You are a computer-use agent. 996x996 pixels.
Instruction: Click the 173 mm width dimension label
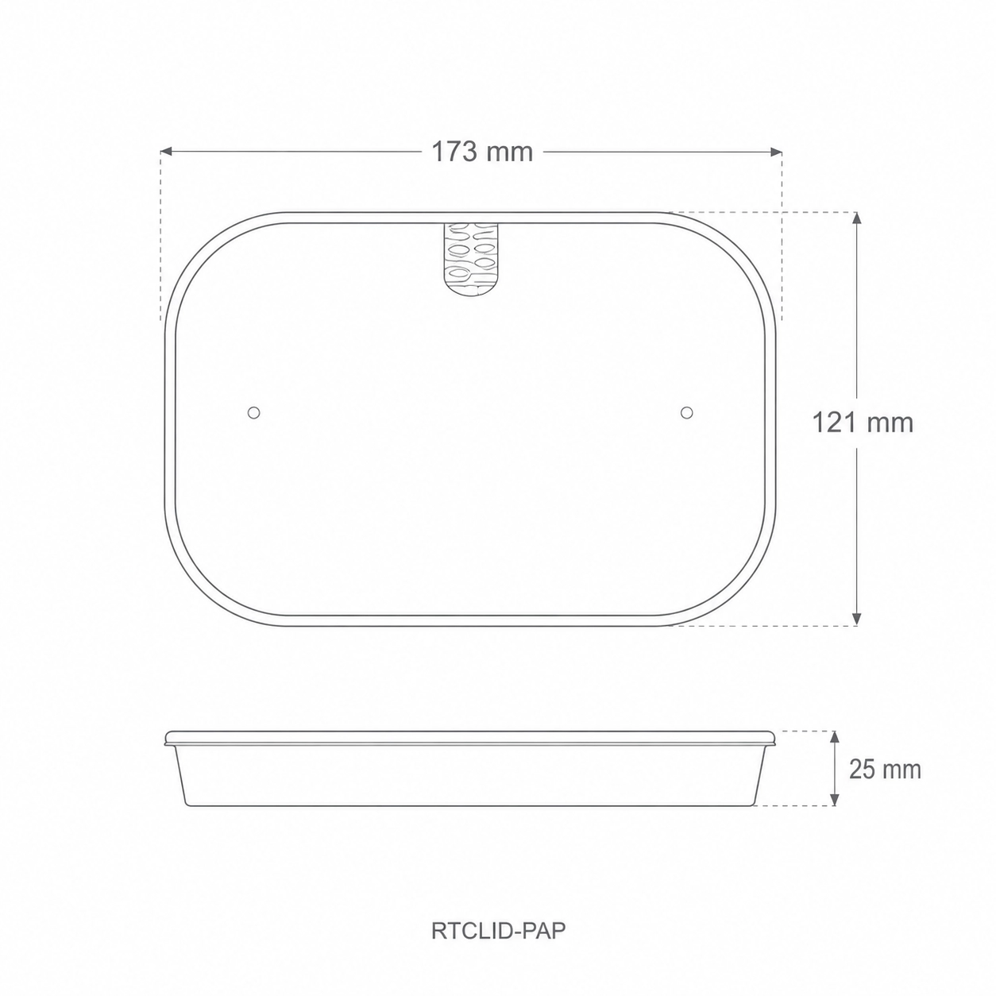click(x=482, y=152)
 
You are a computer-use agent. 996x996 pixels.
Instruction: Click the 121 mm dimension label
click(x=863, y=423)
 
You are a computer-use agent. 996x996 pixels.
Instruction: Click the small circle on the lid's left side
click(x=254, y=412)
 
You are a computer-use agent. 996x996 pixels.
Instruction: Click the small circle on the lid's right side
click(x=687, y=412)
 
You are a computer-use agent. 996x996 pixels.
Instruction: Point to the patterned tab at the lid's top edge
click(x=470, y=259)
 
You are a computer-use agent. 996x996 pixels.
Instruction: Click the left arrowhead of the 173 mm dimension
click(x=166, y=152)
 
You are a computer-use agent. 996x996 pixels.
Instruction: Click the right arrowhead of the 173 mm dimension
click(x=776, y=152)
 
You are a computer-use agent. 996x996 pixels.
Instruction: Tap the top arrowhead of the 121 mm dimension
click(x=857, y=218)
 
